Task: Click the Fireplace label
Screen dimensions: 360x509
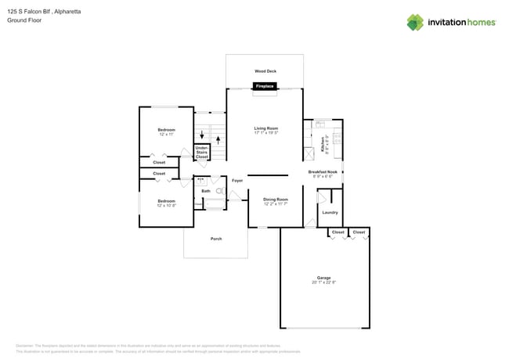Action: point(264,86)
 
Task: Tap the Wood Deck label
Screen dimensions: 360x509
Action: point(265,71)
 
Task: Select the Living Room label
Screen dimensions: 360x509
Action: point(266,128)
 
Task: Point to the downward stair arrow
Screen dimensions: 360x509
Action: point(202,135)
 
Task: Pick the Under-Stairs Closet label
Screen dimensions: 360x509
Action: point(202,152)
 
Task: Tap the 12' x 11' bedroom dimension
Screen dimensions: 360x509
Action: point(166,135)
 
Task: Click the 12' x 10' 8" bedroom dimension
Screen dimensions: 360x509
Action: point(166,206)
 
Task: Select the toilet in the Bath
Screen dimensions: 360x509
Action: point(219,191)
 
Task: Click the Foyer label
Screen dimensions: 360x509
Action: point(236,181)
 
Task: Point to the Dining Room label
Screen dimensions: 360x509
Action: point(275,200)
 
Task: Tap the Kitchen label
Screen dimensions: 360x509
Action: point(323,144)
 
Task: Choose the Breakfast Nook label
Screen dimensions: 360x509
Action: point(322,171)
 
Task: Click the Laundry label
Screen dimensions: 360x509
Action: point(330,212)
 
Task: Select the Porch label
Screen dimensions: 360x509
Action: point(216,239)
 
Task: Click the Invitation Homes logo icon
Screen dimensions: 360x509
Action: point(415,22)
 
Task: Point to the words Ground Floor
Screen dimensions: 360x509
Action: point(23,20)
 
